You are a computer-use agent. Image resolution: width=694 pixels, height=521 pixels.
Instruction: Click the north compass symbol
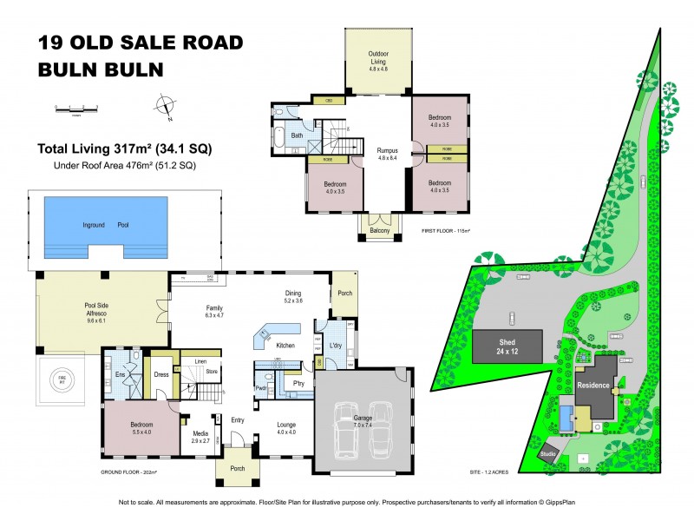tap(162, 108)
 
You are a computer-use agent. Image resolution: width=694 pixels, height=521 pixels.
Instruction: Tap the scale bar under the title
tap(77, 109)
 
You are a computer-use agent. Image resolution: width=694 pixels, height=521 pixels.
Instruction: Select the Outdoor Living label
tap(378, 56)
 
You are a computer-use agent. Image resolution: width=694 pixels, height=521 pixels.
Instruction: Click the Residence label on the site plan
tap(593, 385)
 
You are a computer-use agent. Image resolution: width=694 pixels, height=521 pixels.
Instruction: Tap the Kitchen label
tap(285, 346)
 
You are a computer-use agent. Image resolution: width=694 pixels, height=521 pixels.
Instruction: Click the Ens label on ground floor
tap(121, 374)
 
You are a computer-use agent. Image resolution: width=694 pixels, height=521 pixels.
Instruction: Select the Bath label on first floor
tap(297, 135)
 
